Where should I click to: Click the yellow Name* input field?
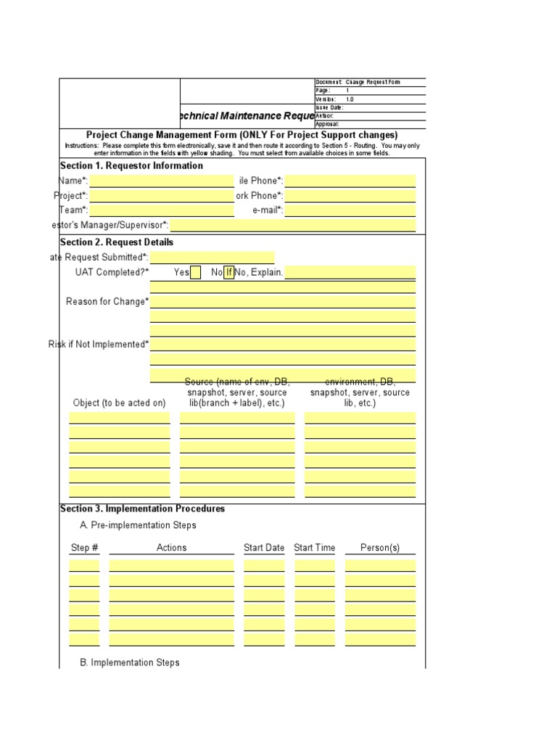coord(161,181)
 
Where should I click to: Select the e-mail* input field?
coord(350,211)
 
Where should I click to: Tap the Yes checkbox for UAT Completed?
coord(195,273)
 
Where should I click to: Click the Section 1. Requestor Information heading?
coord(131,166)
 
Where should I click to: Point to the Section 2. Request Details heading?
coord(117,242)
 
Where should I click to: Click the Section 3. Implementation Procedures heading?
coord(142,509)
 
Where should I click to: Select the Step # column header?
coord(84,548)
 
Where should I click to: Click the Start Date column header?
coord(264,548)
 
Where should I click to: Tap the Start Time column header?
coord(315,548)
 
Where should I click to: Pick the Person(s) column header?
coord(380,548)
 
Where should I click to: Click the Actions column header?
coord(171,548)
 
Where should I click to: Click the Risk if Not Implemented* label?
coord(99,345)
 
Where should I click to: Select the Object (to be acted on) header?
coord(120,403)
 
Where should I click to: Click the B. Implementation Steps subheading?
coord(129,662)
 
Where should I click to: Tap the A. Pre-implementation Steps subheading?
coord(138,525)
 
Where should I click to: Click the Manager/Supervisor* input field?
coord(293,226)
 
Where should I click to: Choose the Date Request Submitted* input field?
coord(212,258)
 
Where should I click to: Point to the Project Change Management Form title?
coord(242,135)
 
